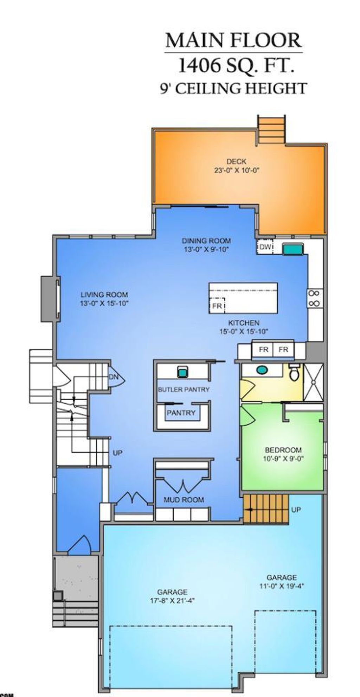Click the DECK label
point(236,161)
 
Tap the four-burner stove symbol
point(314,298)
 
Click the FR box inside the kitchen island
point(217,306)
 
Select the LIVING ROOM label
point(104,295)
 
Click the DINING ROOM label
point(206,241)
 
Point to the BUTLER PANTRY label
point(184,389)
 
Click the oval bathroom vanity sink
point(262,370)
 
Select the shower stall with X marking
point(313,382)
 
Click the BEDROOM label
point(283,450)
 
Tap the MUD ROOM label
point(184,499)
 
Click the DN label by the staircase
point(113,377)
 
